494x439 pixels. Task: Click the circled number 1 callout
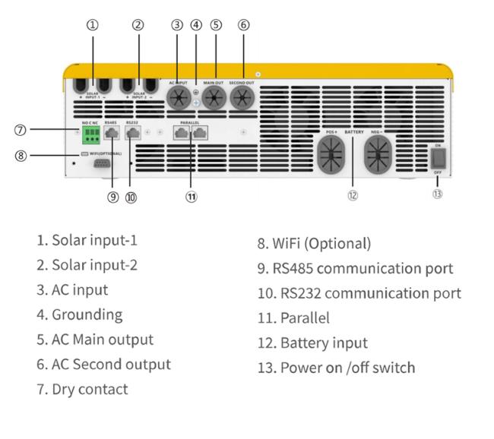[x=92, y=24]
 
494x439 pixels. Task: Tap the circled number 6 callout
[x=243, y=24]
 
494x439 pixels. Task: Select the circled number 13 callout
[x=438, y=194]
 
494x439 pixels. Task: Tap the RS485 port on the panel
[x=112, y=134]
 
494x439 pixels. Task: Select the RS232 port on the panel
[x=132, y=134]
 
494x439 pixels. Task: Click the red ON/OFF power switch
[x=437, y=157]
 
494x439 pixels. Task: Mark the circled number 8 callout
[x=21, y=156]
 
